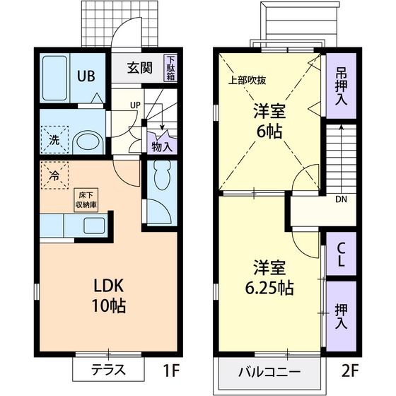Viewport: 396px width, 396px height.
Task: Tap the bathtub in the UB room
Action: click(x=54, y=77)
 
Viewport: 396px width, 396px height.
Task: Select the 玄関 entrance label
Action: click(x=139, y=69)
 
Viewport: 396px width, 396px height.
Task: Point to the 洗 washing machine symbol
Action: click(x=54, y=139)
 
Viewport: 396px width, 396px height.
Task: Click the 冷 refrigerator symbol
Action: click(x=54, y=171)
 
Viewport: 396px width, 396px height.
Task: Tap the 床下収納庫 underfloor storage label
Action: click(x=86, y=199)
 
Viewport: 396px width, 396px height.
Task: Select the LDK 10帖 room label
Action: click(x=110, y=296)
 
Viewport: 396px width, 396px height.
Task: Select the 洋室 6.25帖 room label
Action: click(x=269, y=278)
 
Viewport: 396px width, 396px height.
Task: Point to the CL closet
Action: click(x=341, y=255)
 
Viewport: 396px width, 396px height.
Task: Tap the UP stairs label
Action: click(x=134, y=107)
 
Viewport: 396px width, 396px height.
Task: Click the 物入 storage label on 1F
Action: click(x=162, y=147)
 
